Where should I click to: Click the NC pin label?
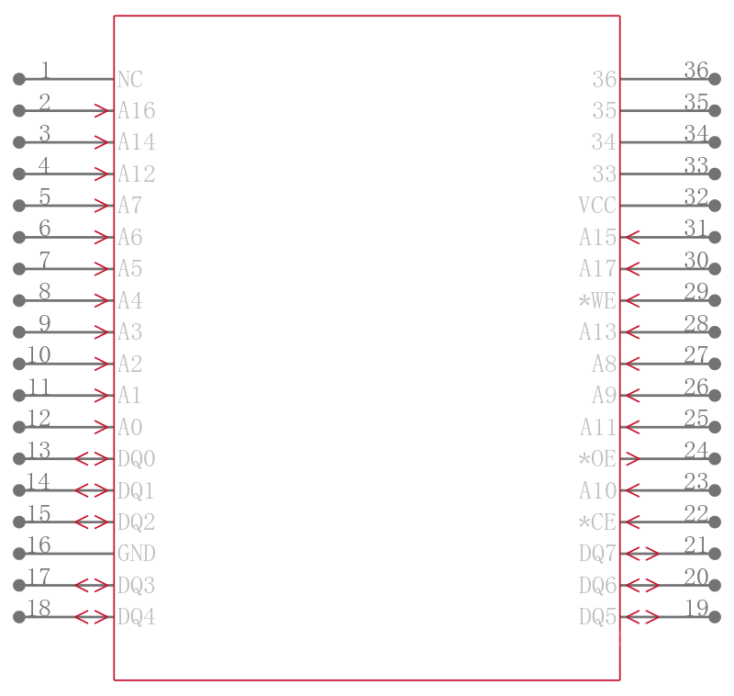(x=130, y=80)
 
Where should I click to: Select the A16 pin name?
(x=136, y=111)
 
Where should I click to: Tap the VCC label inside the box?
(x=597, y=206)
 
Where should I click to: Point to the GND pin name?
(x=136, y=554)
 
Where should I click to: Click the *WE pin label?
(x=597, y=300)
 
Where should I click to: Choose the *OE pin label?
(x=597, y=459)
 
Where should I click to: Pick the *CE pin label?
(x=597, y=522)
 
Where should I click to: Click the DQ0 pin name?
(x=136, y=459)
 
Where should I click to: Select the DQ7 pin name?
(x=597, y=554)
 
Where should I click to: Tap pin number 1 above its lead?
(x=45, y=71)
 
